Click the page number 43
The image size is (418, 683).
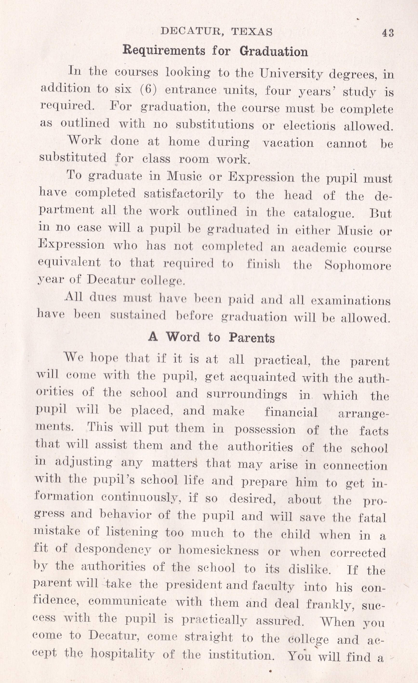[x=388, y=33]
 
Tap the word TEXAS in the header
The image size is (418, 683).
[x=252, y=32]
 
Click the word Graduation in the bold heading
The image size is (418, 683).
[x=274, y=52]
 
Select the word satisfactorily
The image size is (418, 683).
[x=183, y=194]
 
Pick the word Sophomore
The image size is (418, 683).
[x=358, y=265]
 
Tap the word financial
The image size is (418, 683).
[x=291, y=412]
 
